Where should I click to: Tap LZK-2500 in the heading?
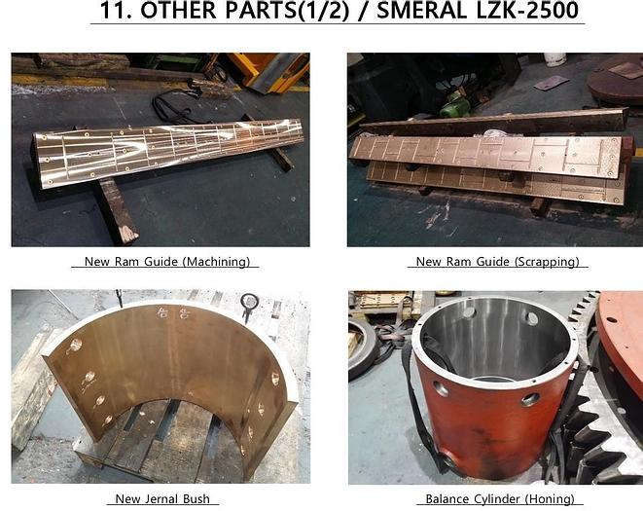click(x=527, y=10)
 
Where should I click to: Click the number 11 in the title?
click(x=116, y=11)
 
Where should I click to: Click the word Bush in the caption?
click(x=196, y=498)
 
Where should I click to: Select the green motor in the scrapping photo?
click(x=455, y=104)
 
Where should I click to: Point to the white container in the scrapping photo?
click(x=554, y=59)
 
